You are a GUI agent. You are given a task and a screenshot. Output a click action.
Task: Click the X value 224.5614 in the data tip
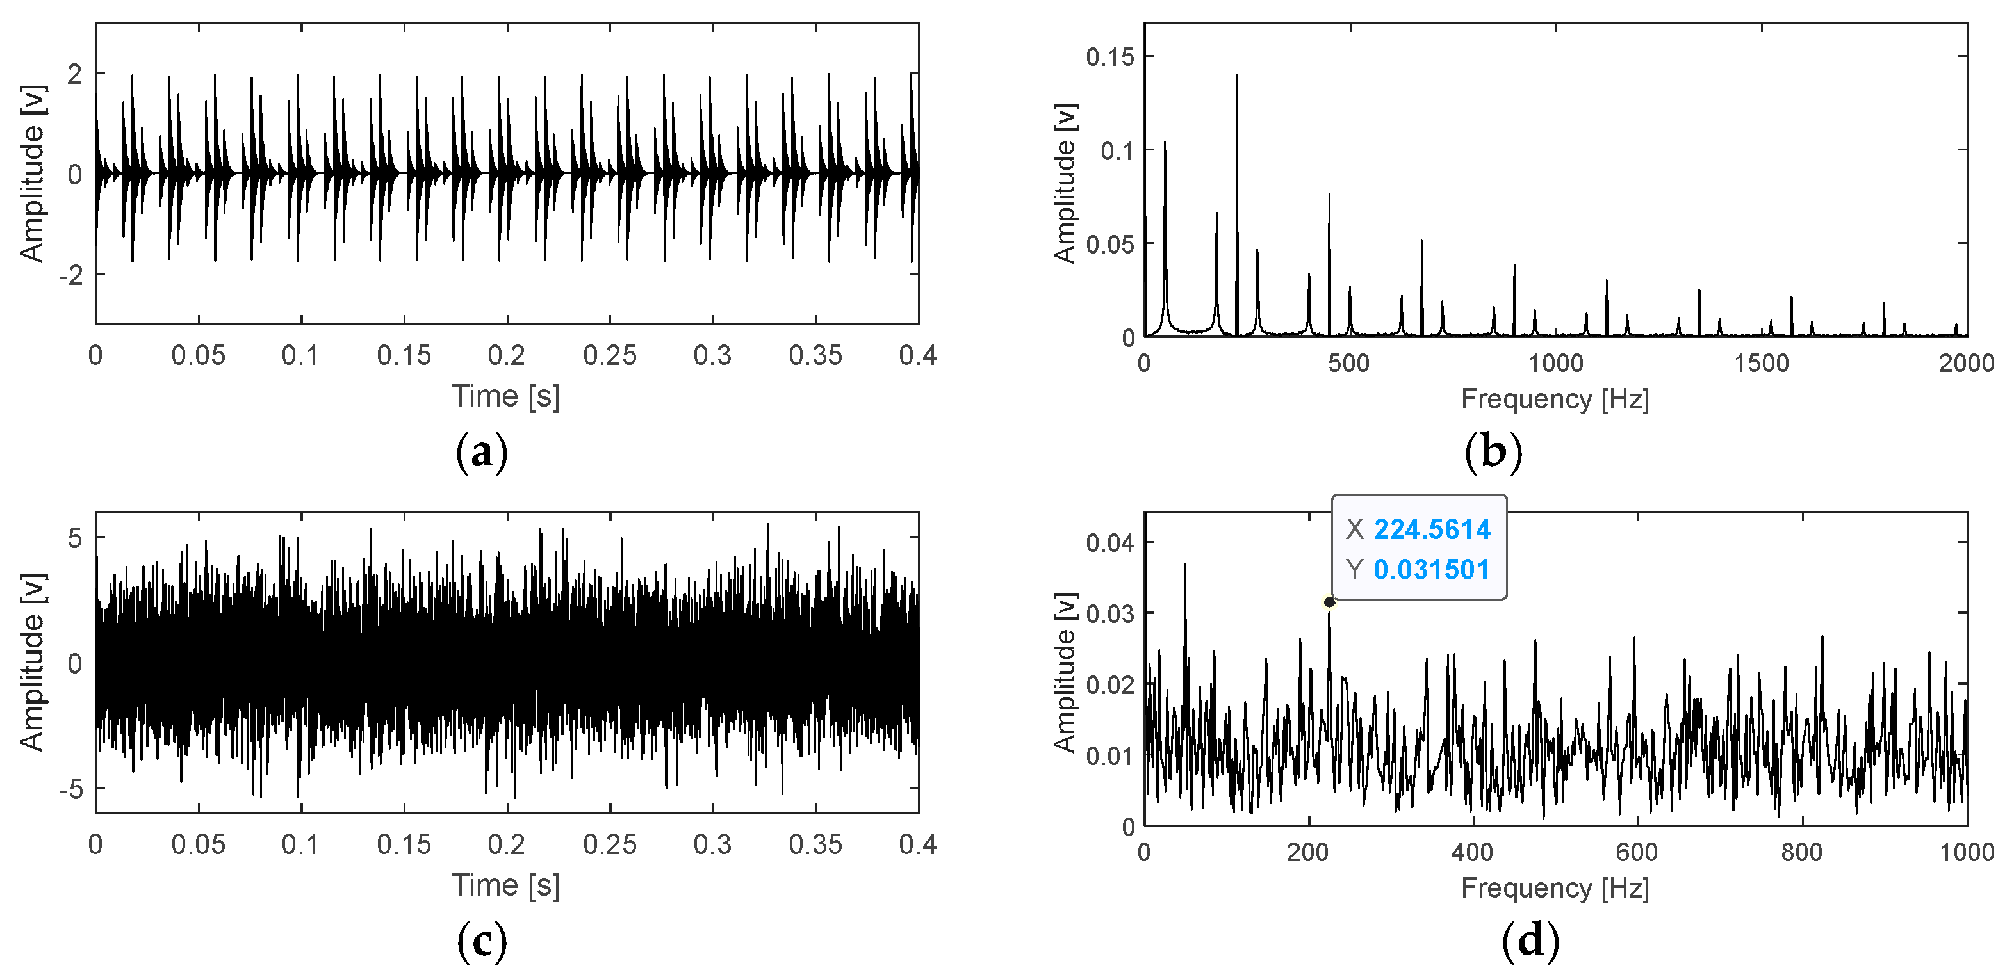click(x=1432, y=530)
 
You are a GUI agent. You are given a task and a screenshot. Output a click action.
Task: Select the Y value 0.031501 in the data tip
click(x=1431, y=570)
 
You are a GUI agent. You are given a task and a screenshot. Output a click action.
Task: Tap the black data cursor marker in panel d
click(x=1329, y=602)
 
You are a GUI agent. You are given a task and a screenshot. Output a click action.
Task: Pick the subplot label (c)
click(x=482, y=942)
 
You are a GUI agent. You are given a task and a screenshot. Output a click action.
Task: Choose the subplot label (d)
click(x=1530, y=942)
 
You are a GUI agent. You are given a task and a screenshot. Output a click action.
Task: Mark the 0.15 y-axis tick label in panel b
click(x=1109, y=57)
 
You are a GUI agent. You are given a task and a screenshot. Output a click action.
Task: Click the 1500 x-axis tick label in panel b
click(x=1761, y=364)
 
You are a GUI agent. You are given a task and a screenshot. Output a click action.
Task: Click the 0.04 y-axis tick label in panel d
click(x=1109, y=542)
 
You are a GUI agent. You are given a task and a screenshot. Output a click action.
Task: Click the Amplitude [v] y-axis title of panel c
click(x=32, y=663)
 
